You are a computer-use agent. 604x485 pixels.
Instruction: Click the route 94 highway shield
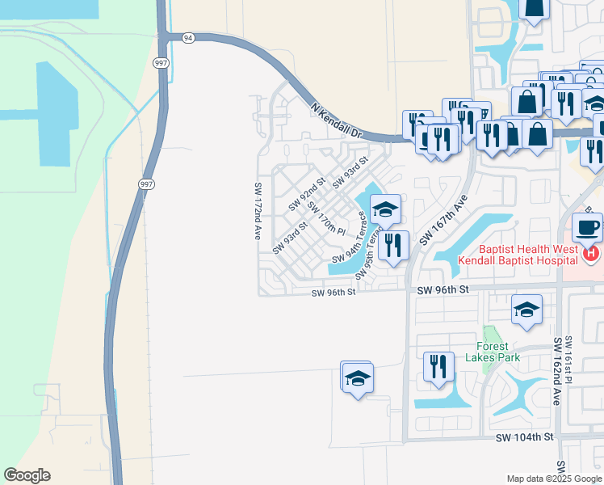click(188, 38)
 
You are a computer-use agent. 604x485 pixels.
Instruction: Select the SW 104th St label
click(526, 436)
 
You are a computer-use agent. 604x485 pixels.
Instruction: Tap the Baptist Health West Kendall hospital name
click(518, 255)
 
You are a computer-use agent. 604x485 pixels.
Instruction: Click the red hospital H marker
click(591, 254)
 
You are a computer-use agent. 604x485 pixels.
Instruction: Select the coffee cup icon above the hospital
click(587, 227)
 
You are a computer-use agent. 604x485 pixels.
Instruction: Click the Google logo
click(27, 475)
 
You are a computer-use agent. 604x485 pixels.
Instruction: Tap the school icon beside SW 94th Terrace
click(385, 210)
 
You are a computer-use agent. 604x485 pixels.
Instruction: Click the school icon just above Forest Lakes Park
click(526, 310)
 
